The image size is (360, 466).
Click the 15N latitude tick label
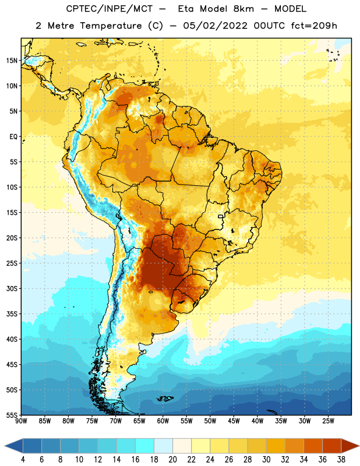coord(12,61)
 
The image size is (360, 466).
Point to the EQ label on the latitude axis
coord(13,137)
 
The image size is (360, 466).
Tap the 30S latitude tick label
coord(12,288)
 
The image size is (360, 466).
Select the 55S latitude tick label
coord(12,415)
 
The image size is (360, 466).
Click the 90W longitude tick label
coord(21,421)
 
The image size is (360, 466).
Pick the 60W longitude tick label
coord(163,421)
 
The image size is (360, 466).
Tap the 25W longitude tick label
coord(328,421)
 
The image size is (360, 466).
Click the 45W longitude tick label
coord(234,421)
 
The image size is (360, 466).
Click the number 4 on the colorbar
coord(23,460)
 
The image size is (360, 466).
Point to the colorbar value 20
coord(172,460)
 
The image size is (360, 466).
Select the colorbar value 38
coord(341,460)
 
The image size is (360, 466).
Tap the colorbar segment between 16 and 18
coord(144,446)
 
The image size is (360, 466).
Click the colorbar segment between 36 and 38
coord(332,446)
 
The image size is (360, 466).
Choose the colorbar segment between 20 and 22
coord(182,446)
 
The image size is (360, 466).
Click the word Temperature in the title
coord(111,26)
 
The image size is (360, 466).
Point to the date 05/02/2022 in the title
coord(215,26)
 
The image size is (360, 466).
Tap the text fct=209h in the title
coord(314,26)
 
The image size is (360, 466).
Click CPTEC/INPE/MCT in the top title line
coord(109,9)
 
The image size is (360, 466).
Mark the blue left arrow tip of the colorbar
coord(5,446)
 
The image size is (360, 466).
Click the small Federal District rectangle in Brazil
coord(221,216)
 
